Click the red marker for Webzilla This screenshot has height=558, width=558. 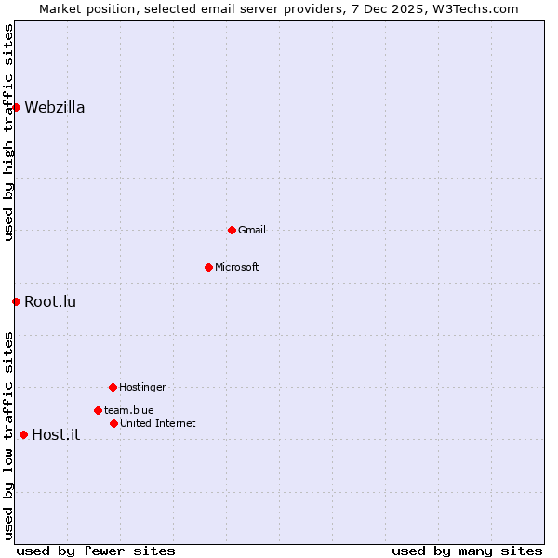tap(16, 107)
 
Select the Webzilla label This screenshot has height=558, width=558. tap(54, 108)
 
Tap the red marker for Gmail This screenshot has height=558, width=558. tap(232, 230)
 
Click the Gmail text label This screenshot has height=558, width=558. tap(251, 231)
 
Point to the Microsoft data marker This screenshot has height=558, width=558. tap(208, 267)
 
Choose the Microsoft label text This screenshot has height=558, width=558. tap(236, 268)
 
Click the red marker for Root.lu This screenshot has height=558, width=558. tap(16, 301)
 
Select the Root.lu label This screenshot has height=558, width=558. tap(50, 302)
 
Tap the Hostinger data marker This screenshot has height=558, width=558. tap(113, 387)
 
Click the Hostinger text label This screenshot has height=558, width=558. tap(142, 388)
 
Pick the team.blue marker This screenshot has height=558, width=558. tap(98, 410)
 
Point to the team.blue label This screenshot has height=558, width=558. tap(128, 410)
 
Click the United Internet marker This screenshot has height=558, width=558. tap(113, 423)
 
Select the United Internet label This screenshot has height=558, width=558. tap(157, 424)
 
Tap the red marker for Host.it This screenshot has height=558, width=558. tap(23, 434)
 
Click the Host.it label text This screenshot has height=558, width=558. tap(56, 435)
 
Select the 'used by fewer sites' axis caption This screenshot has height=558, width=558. tap(96, 551)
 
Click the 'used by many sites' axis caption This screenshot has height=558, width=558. tap(467, 551)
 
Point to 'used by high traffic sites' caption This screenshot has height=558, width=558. tap(9, 132)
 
